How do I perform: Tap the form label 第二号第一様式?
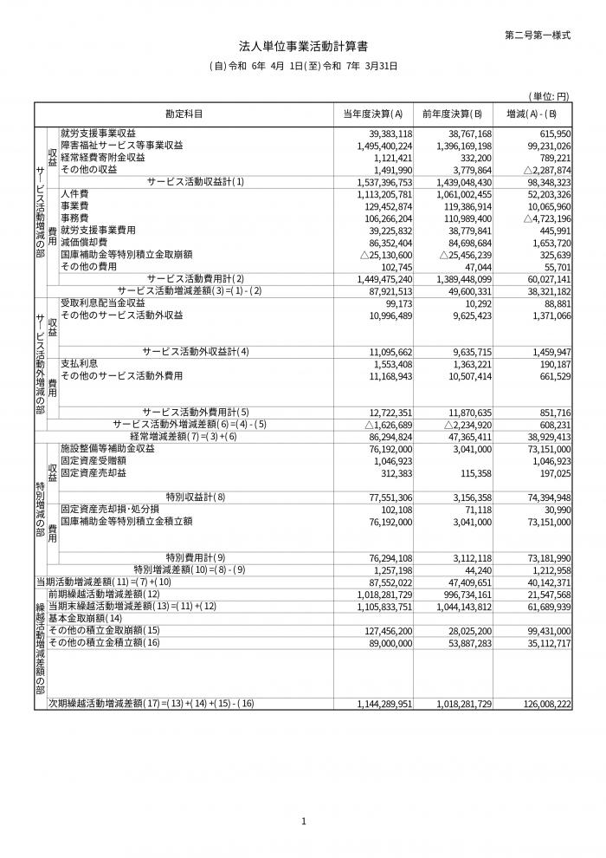[x=538, y=35]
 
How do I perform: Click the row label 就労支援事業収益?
[x=98, y=133]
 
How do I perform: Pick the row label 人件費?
[x=74, y=195]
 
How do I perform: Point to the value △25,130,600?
[x=384, y=256]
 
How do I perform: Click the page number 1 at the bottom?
[x=303, y=821]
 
